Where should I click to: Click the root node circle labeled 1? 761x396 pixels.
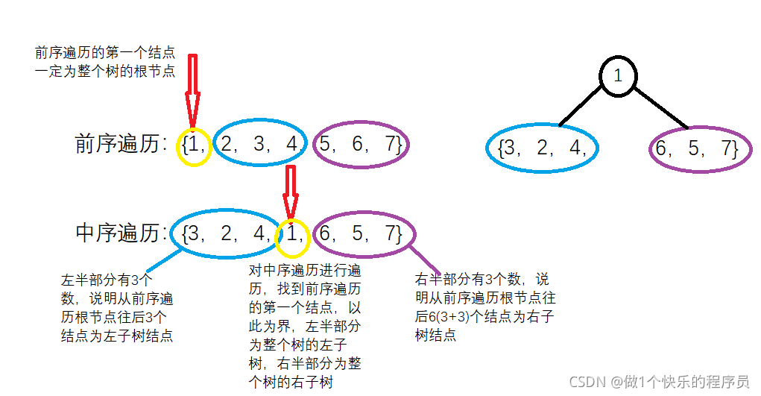[617, 75]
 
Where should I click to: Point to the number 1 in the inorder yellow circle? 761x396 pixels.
[294, 234]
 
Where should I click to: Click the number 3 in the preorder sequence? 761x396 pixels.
[260, 144]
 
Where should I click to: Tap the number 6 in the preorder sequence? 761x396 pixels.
[358, 145]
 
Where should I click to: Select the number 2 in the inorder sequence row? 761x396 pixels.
[227, 233]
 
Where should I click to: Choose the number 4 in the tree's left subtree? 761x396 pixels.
[574, 148]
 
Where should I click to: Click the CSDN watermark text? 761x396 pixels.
[659, 382]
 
